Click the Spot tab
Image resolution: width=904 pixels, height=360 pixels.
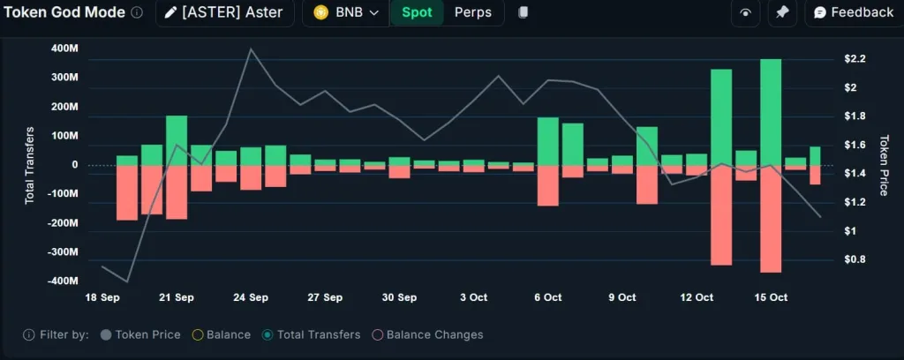(417, 12)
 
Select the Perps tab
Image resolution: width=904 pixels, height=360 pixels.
(474, 12)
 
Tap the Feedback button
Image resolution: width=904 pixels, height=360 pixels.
(853, 12)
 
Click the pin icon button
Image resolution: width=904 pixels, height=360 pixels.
(781, 12)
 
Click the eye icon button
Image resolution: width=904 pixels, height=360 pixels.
(746, 12)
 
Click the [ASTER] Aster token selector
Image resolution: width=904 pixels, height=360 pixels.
(225, 12)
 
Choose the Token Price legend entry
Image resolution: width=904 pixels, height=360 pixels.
(141, 334)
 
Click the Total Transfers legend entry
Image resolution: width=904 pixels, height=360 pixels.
(312, 334)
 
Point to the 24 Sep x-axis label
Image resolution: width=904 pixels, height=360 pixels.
(251, 297)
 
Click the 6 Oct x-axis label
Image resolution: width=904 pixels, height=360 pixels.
(548, 297)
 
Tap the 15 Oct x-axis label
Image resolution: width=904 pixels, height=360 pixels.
(771, 297)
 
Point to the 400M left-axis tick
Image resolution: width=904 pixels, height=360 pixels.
(64, 48)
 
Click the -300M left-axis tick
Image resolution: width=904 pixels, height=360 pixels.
(63, 252)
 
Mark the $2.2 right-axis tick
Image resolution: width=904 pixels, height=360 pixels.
(855, 59)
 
